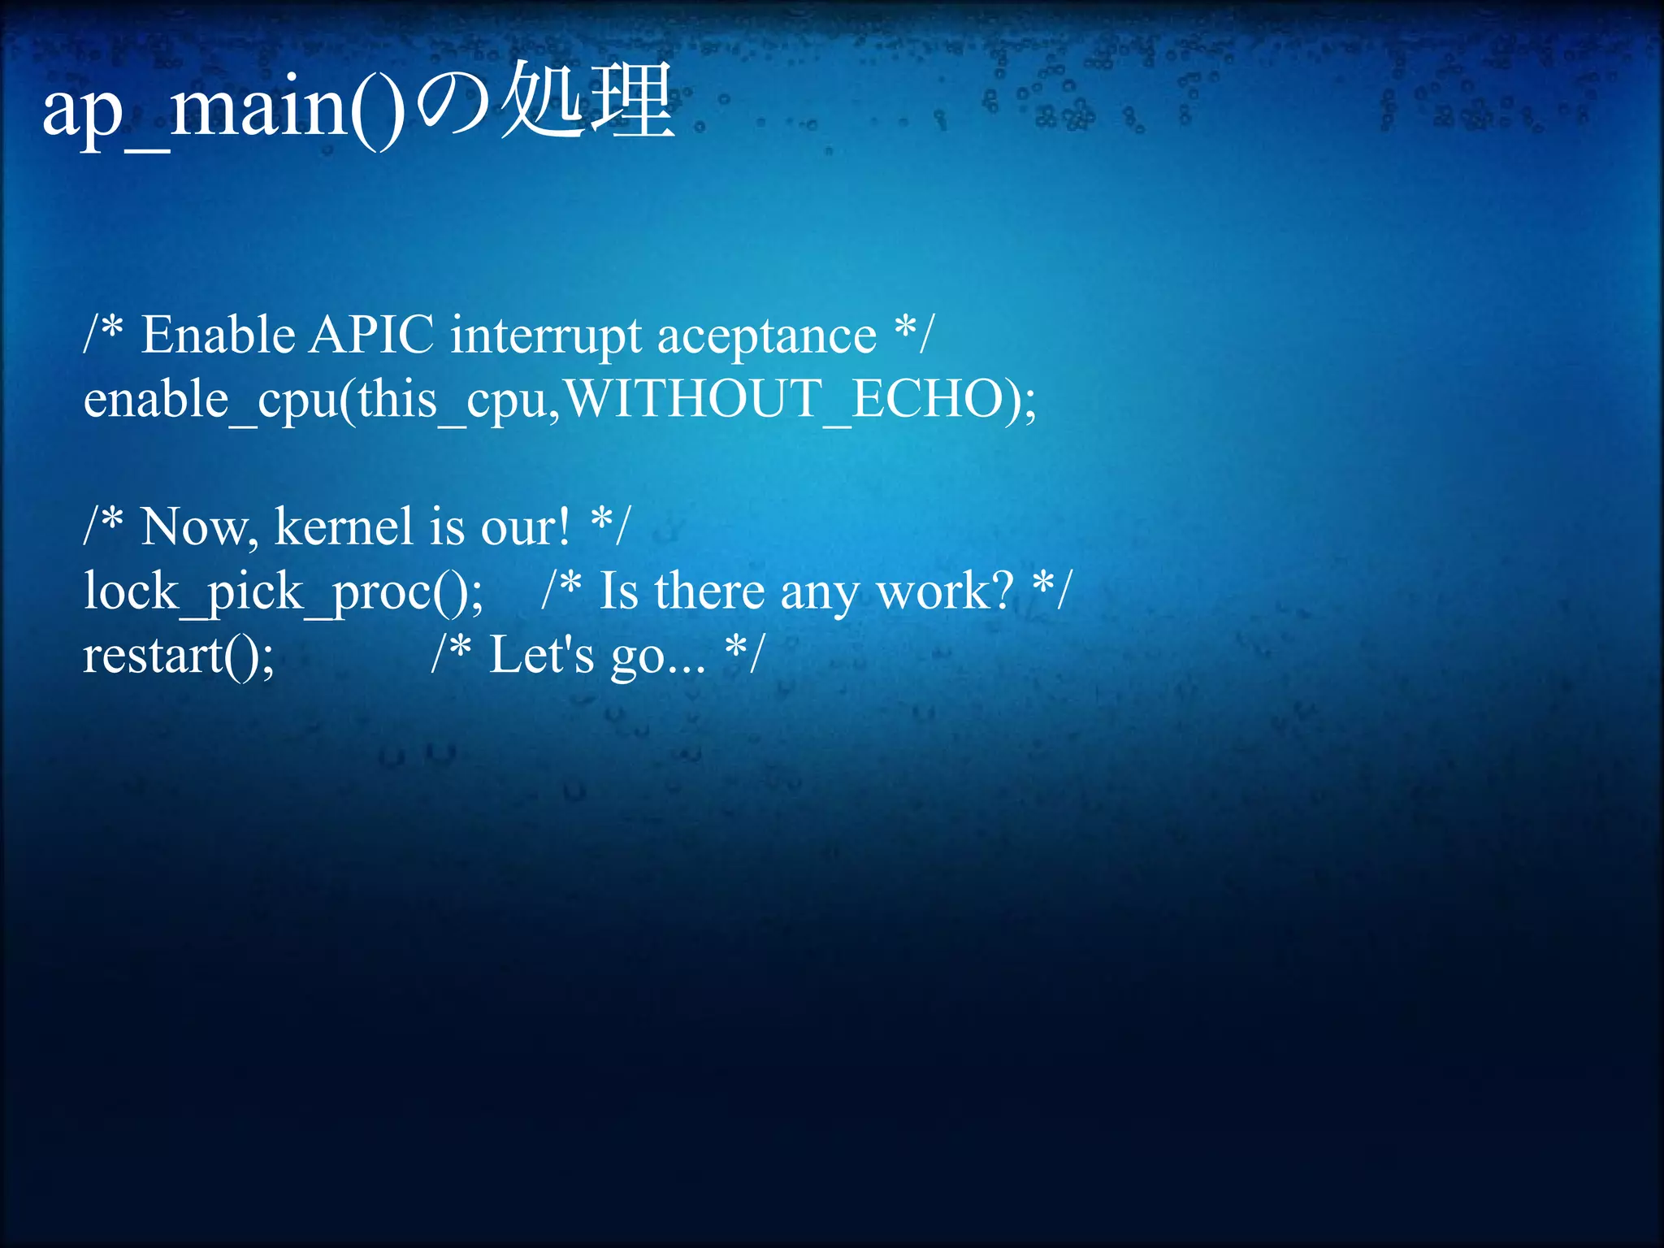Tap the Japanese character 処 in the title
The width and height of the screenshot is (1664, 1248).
click(543, 102)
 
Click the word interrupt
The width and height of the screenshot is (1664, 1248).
click(546, 336)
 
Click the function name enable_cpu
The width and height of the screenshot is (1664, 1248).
click(210, 400)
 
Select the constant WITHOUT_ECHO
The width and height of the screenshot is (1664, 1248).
click(782, 399)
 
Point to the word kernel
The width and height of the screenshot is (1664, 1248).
click(343, 526)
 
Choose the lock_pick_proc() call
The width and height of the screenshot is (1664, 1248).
click(283, 591)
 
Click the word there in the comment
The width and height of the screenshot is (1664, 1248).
click(708, 591)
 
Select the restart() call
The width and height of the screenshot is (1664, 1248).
click(179, 655)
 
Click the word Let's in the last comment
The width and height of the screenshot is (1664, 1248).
click(541, 655)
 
